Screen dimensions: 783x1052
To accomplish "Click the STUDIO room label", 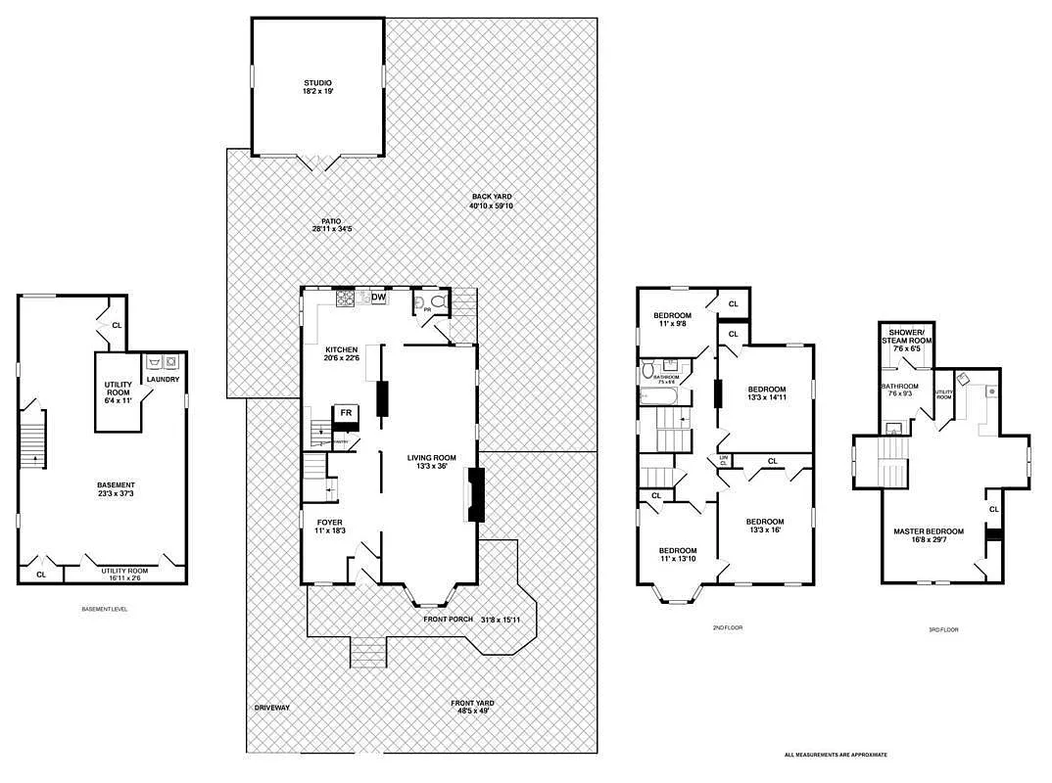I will [x=316, y=83].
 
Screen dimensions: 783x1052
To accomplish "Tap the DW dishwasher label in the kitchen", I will [x=378, y=298].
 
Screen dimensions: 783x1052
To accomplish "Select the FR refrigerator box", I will [x=346, y=413].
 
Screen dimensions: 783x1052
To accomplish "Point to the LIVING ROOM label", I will [x=432, y=457].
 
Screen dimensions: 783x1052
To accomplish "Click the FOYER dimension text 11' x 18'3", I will [x=330, y=531].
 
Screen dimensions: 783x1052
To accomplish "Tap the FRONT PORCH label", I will [x=449, y=619].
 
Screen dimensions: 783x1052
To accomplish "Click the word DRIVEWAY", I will [x=271, y=708].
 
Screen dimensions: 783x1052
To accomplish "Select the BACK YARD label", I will [x=491, y=197].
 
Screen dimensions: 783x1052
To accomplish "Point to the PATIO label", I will [x=332, y=222].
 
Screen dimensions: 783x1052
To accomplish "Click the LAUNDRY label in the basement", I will [x=163, y=379].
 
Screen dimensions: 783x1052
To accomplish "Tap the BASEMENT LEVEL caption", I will [x=104, y=609].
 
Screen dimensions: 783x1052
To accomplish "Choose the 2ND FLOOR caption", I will [x=728, y=627].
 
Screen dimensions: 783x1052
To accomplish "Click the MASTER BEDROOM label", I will [x=928, y=531].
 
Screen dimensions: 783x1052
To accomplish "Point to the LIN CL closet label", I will [x=724, y=460].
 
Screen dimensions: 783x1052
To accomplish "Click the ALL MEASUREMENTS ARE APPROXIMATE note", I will [x=836, y=755].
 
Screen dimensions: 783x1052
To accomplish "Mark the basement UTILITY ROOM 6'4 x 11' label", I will [x=119, y=390].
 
